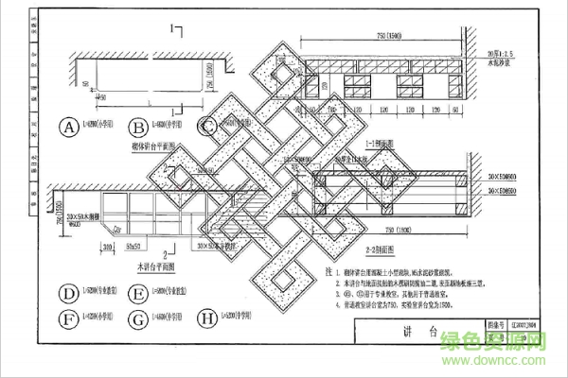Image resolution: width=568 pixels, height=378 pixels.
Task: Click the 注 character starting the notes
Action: point(327,271)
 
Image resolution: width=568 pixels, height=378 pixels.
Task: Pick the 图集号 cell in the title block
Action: point(488,323)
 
